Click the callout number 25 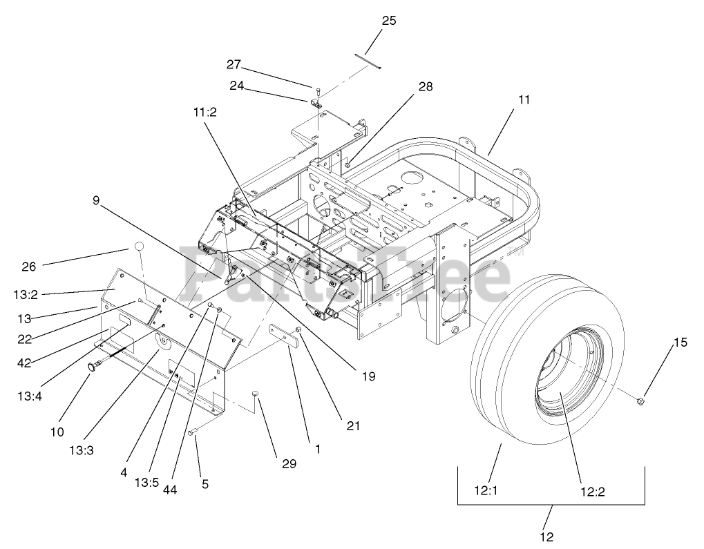[x=389, y=21]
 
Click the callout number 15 [x=681, y=342]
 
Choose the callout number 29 [x=289, y=464]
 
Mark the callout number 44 [x=171, y=490]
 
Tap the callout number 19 [x=368, y=376]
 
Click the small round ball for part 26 [x=139, y=247]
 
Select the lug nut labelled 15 [x=640, y=400]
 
